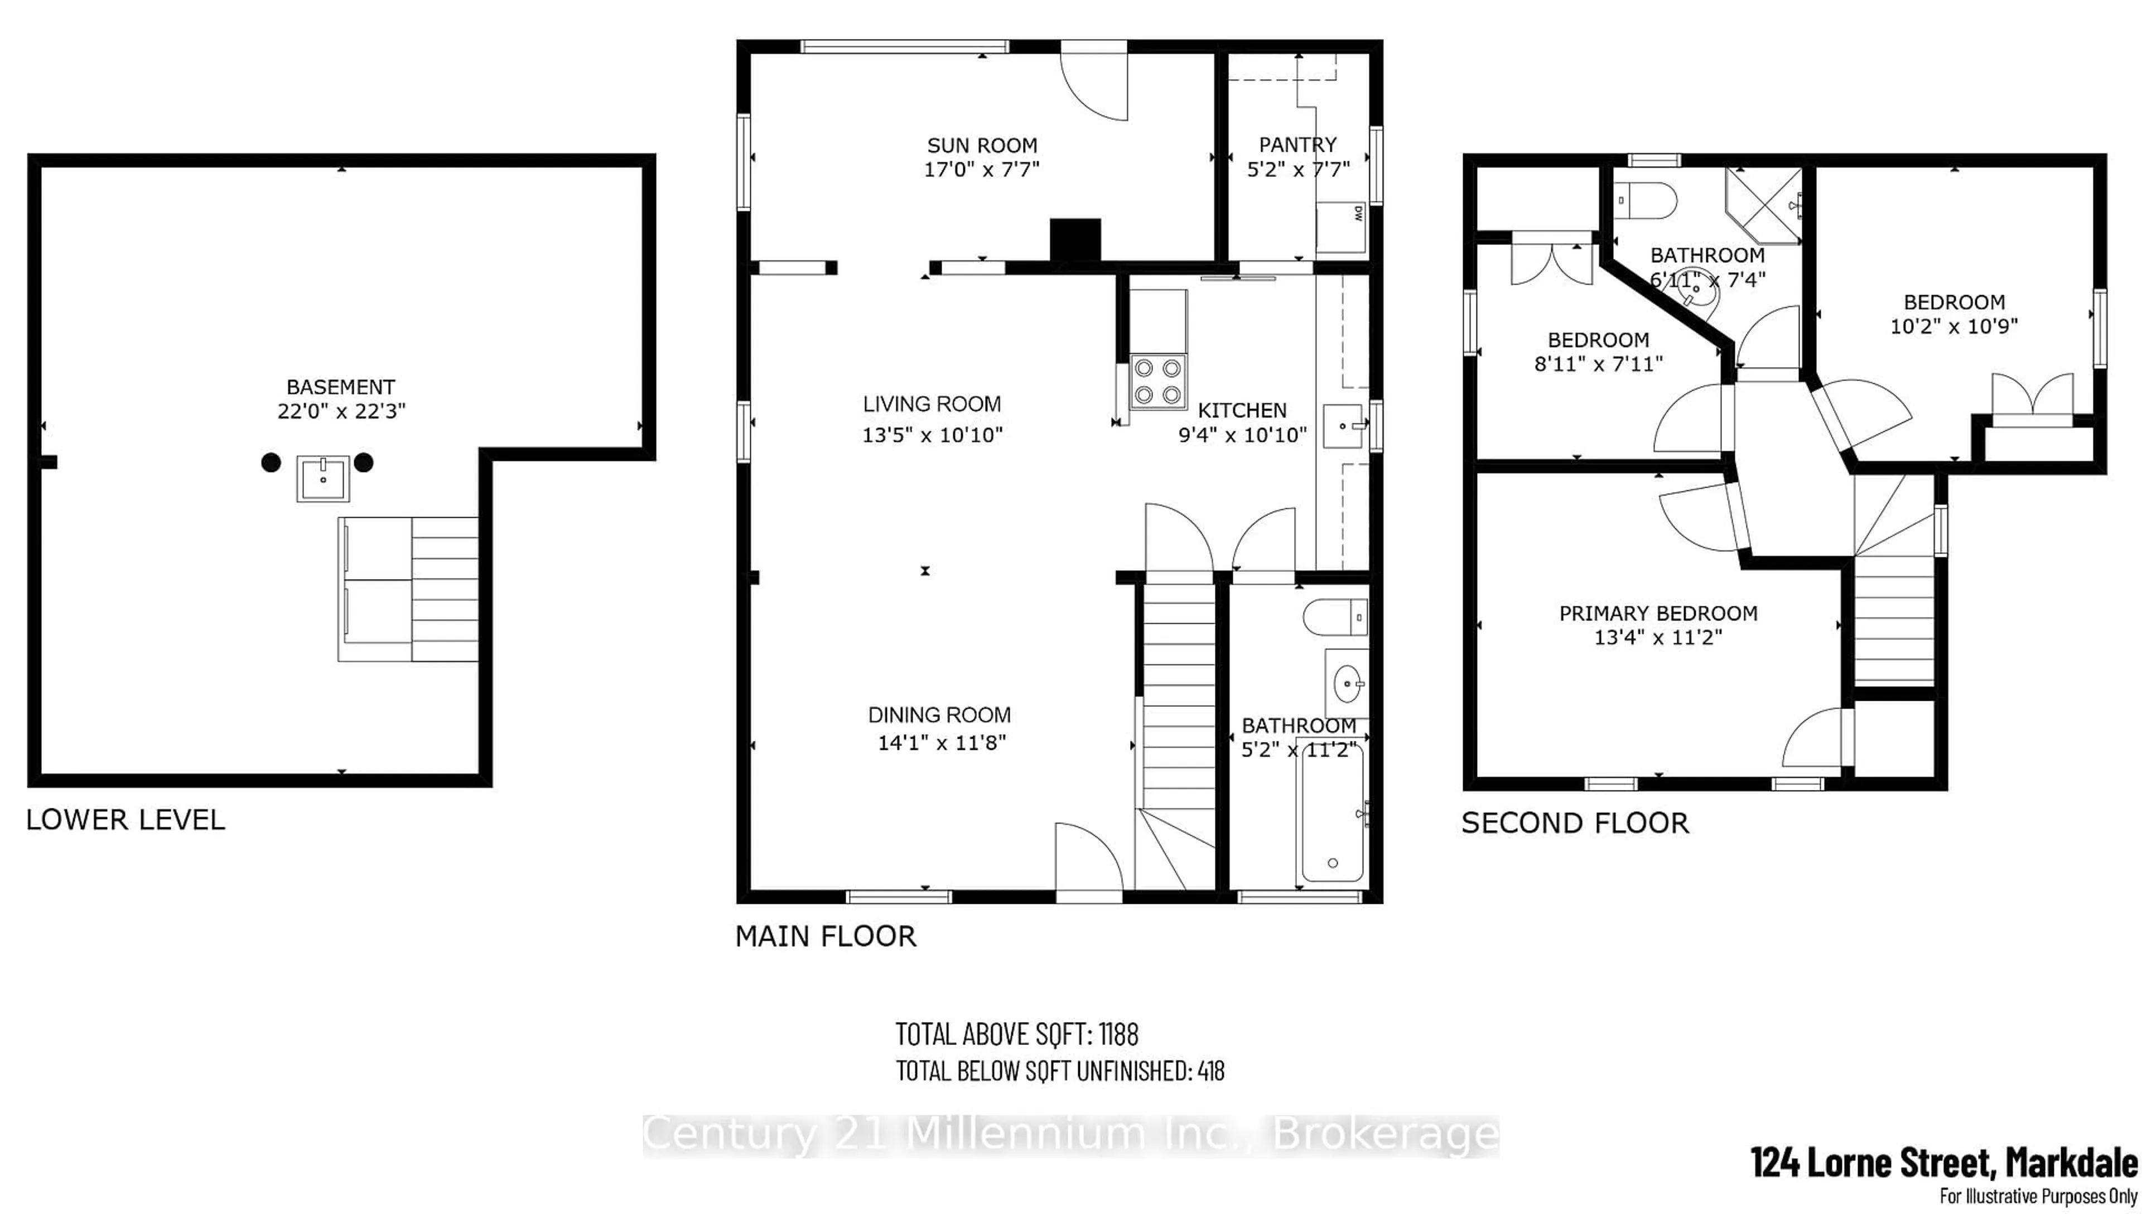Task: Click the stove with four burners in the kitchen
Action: pos(1157,381)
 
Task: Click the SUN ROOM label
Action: pos(982,145)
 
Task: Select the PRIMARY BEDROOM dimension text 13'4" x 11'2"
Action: pos(1658,638)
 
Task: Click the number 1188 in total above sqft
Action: pos(1118,1035)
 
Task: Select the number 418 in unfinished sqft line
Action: pos(1210,1071)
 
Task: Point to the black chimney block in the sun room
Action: pos(1075,240)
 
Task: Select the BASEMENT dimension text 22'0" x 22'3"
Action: pos(341,411)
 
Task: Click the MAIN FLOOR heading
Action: pos(825,936)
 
